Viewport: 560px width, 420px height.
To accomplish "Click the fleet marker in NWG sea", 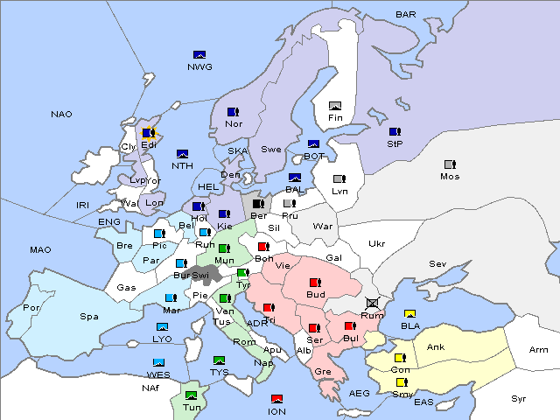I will (x=199, y=54).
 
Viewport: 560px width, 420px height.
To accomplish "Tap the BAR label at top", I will (x=406, y=14).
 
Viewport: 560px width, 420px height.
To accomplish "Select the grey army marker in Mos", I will (x=450, y=164).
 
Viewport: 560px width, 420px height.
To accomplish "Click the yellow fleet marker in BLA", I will (x=409, y=313).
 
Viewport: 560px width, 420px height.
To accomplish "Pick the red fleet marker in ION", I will (x=276, y=399).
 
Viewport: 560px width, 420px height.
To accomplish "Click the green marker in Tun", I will (x=192, y=396).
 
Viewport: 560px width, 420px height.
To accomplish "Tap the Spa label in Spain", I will (x=89, y=316).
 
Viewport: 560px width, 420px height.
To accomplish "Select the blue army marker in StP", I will (x=394, y=132).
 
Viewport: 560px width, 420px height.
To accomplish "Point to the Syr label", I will (x=519, y=398).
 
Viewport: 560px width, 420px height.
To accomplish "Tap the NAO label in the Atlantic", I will (x=61, y=114).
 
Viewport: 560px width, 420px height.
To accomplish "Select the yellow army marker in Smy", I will (x=402, y=382).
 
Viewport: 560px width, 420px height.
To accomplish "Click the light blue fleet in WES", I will (x=158, y=362).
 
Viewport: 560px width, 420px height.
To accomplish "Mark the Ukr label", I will (x=376, y=243).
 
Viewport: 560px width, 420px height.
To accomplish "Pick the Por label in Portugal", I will (x=31, y=307).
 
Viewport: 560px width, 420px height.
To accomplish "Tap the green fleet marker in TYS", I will (x=220, y=360).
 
